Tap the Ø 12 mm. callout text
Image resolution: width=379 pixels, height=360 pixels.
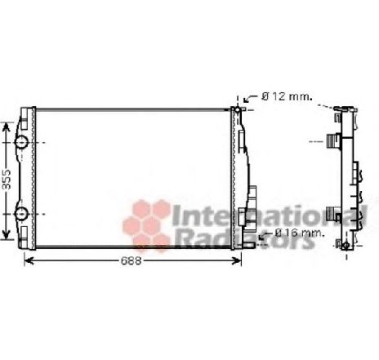click(x=287, y=96)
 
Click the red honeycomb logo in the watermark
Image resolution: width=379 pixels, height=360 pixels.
click(x=145, y=221)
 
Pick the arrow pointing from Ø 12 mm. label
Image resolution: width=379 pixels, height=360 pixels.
click(x=250, y=99)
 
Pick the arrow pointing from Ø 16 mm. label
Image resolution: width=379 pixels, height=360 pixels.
click(x=263, y=235)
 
